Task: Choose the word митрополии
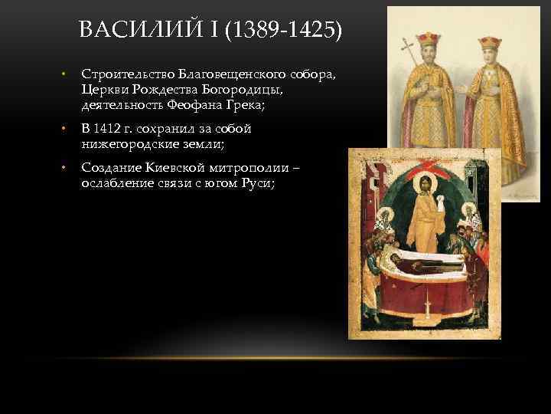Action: pyautogui.click(x=223, y=167)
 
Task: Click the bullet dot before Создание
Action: pyautogui.click(x=64, y=167)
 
